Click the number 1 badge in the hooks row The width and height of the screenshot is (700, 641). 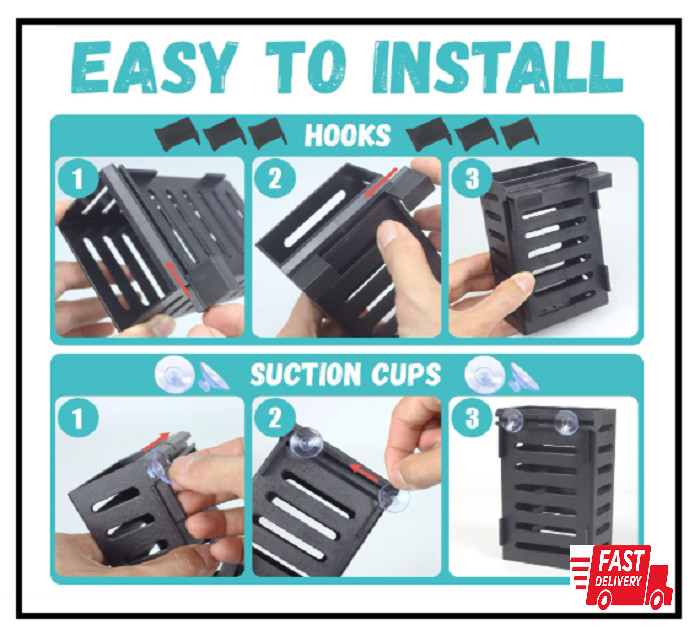coord(75,180)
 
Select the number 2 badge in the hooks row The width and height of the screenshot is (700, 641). coord(273,180)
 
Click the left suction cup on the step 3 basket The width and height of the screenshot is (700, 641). coord(513,420)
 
